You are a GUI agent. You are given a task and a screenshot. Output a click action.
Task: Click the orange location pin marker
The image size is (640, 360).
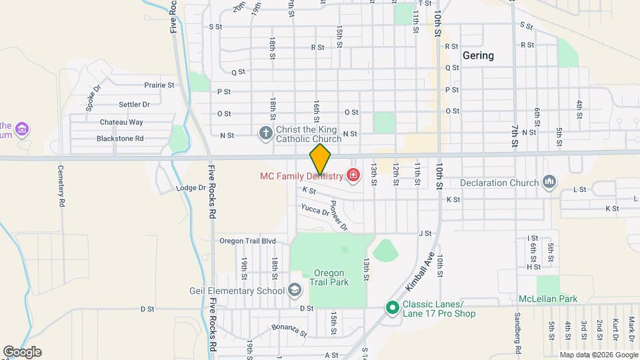320,160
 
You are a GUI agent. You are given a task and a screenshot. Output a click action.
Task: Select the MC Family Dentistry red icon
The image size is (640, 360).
353,176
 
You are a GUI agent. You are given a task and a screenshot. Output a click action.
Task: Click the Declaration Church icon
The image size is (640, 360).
549,182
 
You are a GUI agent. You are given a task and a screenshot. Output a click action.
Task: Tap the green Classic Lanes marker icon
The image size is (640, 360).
393,308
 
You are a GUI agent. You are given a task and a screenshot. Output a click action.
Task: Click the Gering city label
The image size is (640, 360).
478,55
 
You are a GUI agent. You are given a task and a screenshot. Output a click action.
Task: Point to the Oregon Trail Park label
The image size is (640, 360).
329,277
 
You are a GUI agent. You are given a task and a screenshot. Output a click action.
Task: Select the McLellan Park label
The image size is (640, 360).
548,299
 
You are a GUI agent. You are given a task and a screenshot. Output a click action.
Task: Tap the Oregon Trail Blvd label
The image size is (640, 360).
247,241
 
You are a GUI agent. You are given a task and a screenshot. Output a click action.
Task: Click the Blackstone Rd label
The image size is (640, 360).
120,139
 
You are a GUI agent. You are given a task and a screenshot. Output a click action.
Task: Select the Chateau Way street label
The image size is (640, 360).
121,122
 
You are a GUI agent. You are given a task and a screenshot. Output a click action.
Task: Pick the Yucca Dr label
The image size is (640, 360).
315,210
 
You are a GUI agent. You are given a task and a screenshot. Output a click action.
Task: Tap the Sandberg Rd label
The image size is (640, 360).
517,333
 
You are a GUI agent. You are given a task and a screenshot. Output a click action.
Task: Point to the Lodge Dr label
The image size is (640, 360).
191,188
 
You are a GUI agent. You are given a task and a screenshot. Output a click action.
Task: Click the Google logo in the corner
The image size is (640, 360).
21,352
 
